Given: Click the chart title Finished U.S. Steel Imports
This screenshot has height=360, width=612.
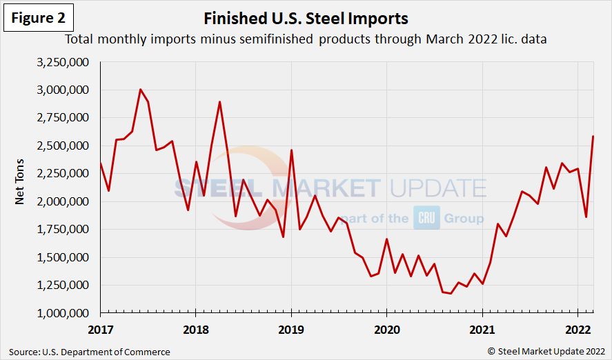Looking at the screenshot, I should pos(306,18).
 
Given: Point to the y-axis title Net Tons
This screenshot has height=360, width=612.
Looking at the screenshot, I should pos(21,188).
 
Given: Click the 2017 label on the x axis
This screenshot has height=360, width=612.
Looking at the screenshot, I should pos(100,329).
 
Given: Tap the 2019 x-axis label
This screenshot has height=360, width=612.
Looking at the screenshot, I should pos(290,329).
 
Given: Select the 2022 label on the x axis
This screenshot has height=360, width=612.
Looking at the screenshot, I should pos(577,329).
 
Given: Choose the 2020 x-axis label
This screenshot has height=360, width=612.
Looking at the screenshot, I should pos(386,329).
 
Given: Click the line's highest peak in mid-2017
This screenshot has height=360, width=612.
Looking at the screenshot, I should pos(140,90).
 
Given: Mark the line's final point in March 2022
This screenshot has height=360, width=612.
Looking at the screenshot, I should pos(593,137).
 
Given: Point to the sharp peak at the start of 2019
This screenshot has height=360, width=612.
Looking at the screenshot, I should pos(291,150).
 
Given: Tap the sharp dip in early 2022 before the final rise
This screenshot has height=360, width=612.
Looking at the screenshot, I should pos(586,217).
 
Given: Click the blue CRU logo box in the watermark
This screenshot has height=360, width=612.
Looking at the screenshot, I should pos(426,218).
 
